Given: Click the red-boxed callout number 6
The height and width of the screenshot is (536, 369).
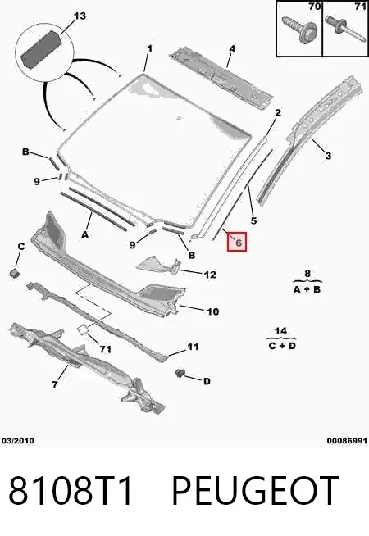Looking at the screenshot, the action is (x=238, y=242).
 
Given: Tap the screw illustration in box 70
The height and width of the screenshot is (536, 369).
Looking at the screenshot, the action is (x=299, y=30).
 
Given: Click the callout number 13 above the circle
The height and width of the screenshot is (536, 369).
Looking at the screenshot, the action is (x=80, y=16).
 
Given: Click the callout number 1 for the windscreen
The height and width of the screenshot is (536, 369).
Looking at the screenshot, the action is (x=149, y=49).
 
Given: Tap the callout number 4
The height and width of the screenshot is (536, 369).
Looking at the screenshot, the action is (x=232, y=49).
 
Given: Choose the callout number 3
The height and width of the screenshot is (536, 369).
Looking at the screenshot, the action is (x=328, y=156).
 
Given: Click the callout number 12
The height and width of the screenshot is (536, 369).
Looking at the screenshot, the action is (x=210, y=275).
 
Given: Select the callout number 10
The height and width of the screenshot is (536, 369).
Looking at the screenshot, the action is (x=212, y=311).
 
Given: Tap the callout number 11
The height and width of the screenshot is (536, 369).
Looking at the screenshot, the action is (x=193, y=347).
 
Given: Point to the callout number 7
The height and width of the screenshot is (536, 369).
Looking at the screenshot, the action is (x=55, y=384).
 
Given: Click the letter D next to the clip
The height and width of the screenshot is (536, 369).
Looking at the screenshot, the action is (x=207, y=381).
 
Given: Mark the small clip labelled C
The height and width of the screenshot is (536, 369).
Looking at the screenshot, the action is (x=14, y=273).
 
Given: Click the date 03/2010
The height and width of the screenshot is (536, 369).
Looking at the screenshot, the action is (x=18, y=441).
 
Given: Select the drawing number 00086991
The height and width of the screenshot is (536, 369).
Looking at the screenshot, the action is (x=347, y=441).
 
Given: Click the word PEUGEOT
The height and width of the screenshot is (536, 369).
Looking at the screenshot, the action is (x=255, y=491).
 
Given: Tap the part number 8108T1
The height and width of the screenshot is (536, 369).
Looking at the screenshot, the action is (x=71, y=491).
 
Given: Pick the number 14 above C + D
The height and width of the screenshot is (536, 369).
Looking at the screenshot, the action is (x=280, y=331).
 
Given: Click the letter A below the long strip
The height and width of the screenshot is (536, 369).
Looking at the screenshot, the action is (x=85, y=235).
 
